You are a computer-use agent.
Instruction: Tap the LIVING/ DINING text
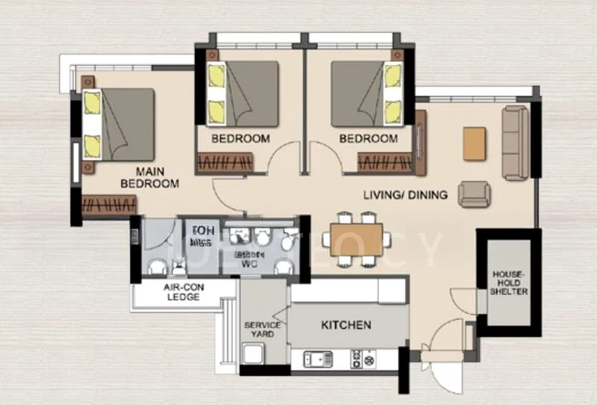coord(405,195)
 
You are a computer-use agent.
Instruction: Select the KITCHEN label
coord(346,325)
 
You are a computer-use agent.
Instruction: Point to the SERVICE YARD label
coord(263,330)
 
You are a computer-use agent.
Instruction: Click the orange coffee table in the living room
coord(474,143)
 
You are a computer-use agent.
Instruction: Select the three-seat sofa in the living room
coord(515,143)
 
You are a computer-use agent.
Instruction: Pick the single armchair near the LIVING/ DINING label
coord(474,194)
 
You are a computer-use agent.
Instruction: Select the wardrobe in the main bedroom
coord(109,205)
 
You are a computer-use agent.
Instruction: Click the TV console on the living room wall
coord(420,142)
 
